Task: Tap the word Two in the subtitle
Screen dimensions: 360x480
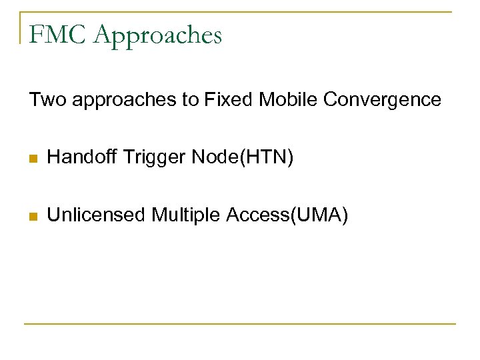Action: (44, 100)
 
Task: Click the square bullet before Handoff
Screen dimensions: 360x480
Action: (33, 159)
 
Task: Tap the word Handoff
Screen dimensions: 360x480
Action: (80, 158)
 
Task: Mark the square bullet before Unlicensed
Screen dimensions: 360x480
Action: (33, 216)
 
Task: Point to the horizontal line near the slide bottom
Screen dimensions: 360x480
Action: (240, 324)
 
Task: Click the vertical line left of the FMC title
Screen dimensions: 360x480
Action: (21, 27)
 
